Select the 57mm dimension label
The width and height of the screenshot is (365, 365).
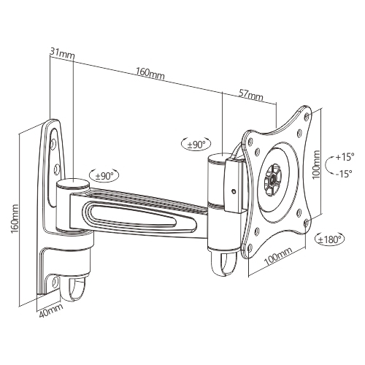250,95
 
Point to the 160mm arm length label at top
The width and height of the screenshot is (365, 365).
150,73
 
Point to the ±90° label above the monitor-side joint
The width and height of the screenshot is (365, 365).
196,145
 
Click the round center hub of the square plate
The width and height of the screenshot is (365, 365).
272,177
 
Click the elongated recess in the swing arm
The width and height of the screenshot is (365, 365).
142,216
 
